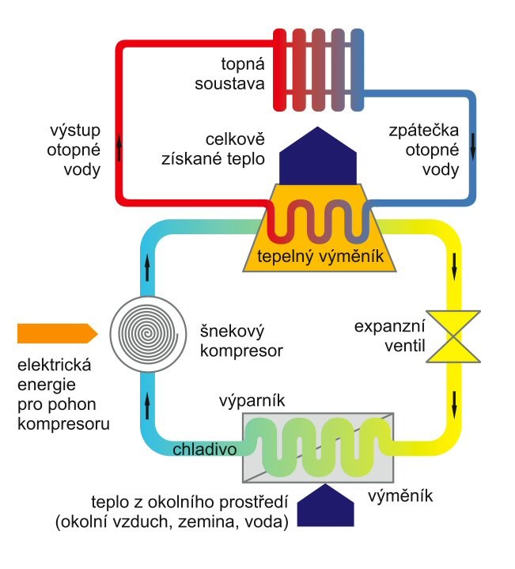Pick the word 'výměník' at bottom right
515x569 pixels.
click(402, 498)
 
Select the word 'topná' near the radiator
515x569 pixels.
click(242, 63)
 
